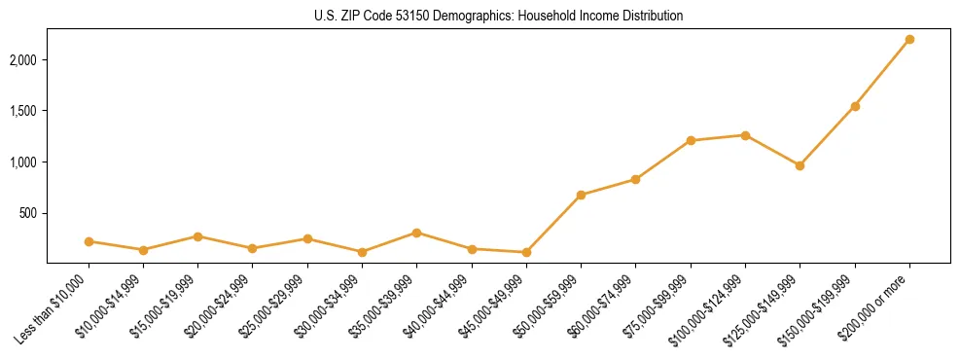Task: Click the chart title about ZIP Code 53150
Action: click(x=498, y=17)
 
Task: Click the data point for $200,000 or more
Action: click(x=909, y=39)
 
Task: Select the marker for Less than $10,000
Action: click(x=89, y=241)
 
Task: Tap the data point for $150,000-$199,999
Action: click(x=855, y=106)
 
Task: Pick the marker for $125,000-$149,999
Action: click(x=800, y=165)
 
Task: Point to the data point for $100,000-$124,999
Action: click(x=745, y=135)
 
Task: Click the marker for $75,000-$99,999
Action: click(x=691, y=140)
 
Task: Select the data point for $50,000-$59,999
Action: click(x=581, y=195)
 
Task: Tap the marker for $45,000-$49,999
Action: click(x=526, y=252)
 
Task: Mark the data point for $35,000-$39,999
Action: click(x=416, y=233)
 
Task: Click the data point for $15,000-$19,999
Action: click(x=197, y=236)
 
